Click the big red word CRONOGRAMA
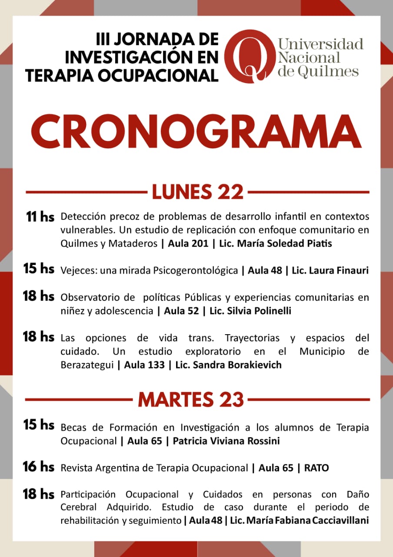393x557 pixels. (x=196, y=130)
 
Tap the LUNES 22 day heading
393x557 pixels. (x=197, y=192)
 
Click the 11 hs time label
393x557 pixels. (x=40, y=217)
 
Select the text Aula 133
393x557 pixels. (x=144, y=365)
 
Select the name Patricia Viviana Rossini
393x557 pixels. (x=226, y=441)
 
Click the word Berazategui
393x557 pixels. (x=88, y=365)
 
